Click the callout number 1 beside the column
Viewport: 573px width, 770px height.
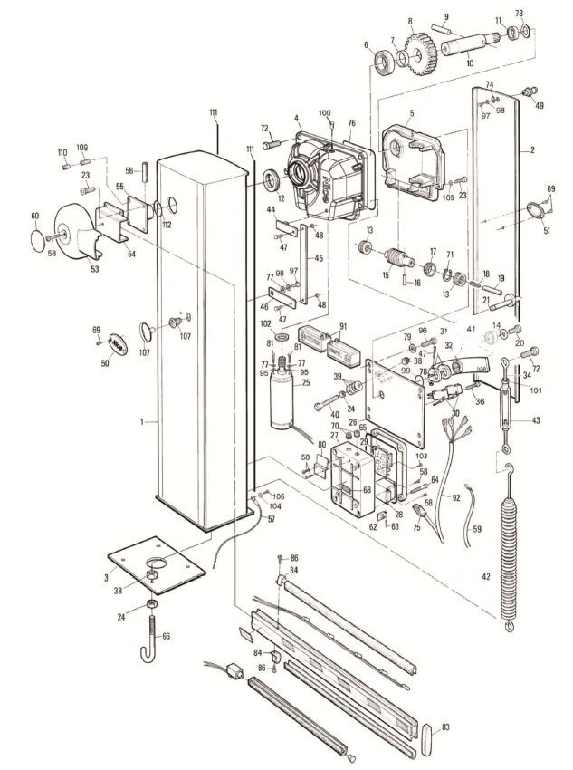point(142,421)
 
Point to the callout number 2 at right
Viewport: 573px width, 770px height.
point(533,149)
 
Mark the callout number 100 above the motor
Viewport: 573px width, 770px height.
point(325,112)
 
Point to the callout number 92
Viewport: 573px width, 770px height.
point(456,497)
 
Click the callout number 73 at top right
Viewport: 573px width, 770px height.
point(520,14)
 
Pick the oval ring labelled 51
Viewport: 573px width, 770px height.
point(534,210)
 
